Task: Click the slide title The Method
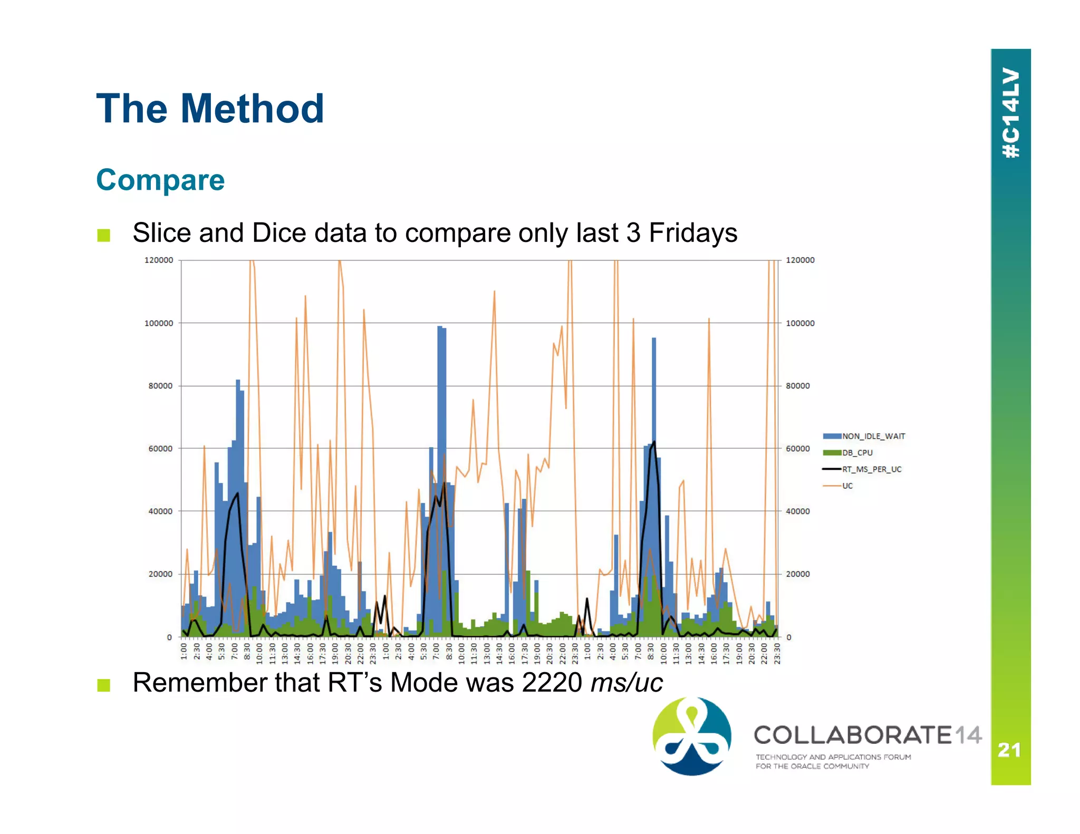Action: point(210,109)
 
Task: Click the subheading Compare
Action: point(160,180)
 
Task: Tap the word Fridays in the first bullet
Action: point(692,233)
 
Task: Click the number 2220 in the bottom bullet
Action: point(552,683)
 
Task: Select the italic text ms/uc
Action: point(626,683)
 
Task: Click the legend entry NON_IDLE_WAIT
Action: point(873,437)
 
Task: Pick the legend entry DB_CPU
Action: point(857,453)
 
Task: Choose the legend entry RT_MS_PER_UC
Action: point(871,469)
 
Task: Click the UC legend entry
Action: point(847,486)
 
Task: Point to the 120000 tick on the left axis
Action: point(159,260)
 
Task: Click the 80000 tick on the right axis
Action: point(797,386)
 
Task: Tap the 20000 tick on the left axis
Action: point(160,574)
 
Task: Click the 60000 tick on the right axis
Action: point(797,449)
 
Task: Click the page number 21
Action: point(1009,750)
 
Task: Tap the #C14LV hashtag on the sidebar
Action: point(1011,113)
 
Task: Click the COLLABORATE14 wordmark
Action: point(867,735)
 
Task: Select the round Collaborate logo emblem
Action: point(692,736)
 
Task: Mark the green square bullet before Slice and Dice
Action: point(104,235)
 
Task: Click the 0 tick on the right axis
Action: point(789,637)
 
